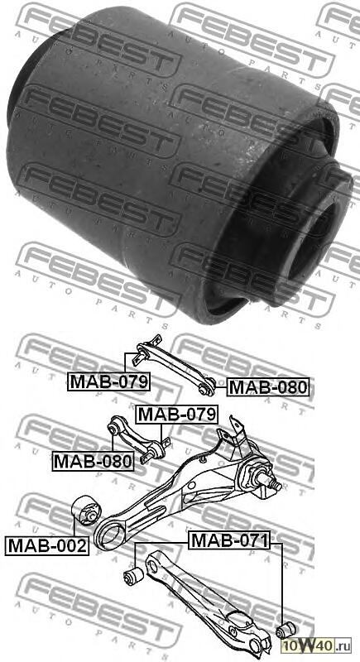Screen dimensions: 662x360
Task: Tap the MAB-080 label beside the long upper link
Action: click(267, 386)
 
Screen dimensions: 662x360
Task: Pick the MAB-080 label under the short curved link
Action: click(93, 461)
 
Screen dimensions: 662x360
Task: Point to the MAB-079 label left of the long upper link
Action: click(108, 381)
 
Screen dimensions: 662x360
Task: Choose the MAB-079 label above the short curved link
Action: click(176, 414)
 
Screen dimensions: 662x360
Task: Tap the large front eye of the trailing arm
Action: click(108, 536)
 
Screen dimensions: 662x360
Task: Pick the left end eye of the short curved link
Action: click(117, 428)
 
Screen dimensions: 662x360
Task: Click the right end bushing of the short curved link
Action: click(160, 447)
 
